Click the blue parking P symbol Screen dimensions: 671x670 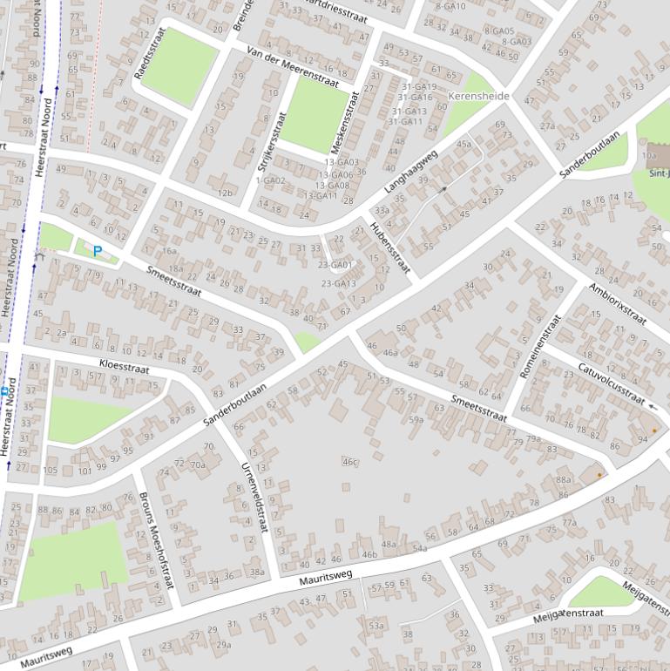click(x=98, y=252)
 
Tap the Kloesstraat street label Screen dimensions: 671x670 click(x=125, y=365)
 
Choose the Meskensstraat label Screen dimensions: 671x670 click(x=344, y=122)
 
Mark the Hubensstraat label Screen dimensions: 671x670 click(x=389, y=247)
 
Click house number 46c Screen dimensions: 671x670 click(x=350, y=462)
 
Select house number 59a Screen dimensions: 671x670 click(x=416, y=419)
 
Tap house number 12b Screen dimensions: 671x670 click(x=226, y=193)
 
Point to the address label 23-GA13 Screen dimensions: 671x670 click(x=338, y=283)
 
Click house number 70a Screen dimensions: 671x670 click(x=198, y=464)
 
